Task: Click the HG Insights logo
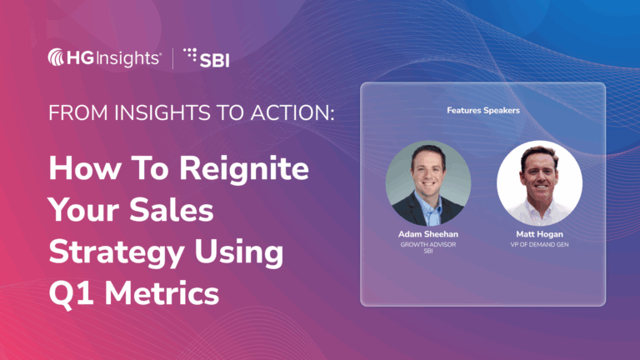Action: click(105, 57)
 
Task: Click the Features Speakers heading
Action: click(482, 110)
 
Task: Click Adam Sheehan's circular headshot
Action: click(428, 184)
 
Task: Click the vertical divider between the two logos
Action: click(173, 57)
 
